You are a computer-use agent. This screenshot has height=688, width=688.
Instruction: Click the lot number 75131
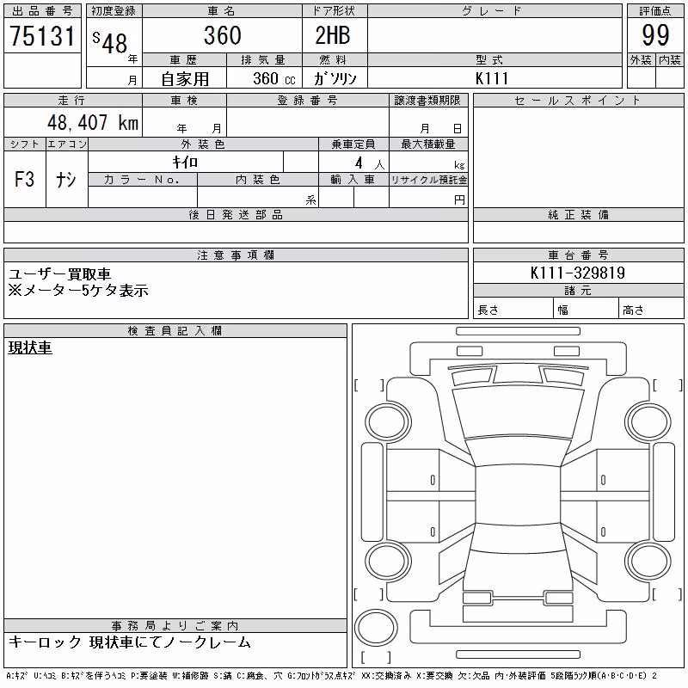42,35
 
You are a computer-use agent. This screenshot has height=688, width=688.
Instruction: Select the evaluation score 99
655,35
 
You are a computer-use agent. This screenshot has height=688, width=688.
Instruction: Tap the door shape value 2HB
333,35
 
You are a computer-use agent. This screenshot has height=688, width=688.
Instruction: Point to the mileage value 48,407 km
93,122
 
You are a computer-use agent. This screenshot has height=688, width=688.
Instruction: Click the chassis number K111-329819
578,273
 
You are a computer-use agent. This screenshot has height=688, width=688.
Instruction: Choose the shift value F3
25,179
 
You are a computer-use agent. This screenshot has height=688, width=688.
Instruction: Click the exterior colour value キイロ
185,163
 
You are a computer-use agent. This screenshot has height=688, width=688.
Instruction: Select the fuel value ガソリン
335,78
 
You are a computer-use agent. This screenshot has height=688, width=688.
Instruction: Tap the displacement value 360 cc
274,78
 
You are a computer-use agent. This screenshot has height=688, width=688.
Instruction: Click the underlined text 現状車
30,347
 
